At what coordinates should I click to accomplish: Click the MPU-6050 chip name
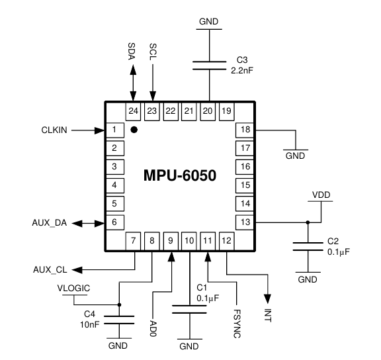click(180, 175)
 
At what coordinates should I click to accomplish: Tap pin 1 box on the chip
click(115, 130)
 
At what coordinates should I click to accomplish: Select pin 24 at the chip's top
click(133, 111)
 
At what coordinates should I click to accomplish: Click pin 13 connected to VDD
click(245, 222)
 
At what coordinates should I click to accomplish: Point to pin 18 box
click(245, 130)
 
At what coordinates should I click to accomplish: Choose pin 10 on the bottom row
click(189, 241)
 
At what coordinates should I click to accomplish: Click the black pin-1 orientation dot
click(134, 130)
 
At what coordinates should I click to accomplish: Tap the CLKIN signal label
click(54, 130)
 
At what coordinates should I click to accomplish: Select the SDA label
click(131, 52)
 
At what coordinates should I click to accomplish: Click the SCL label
click(153, 52)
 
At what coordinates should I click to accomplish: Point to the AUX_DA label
click(50, 222)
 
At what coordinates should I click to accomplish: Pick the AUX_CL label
click(50, 269)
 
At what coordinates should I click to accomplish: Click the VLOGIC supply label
click(73, 289)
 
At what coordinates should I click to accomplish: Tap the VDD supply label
click(321, 195)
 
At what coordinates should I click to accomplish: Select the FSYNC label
click(237, 324)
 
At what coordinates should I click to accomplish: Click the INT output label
click(267, 315)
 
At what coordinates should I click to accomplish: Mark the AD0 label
click(153, 328)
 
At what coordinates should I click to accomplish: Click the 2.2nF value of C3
click(242, 71)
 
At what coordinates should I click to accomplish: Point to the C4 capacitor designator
click(89, 314)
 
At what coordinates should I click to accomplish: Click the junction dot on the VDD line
click(308, 222)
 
